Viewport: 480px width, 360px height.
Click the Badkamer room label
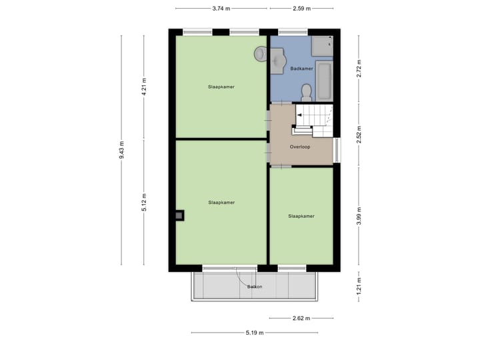302,68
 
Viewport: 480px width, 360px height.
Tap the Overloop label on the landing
300,147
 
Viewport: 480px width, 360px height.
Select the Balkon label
254,287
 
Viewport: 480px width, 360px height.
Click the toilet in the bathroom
306,91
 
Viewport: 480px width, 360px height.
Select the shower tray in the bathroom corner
322,45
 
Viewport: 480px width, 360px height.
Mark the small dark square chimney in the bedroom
179,215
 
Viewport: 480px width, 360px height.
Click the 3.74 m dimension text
221,9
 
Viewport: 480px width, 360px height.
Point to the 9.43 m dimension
122,150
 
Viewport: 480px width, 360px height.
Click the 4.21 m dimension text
143,87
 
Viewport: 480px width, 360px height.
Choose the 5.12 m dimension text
143,202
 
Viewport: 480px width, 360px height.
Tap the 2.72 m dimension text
359,71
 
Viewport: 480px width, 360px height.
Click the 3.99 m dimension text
359,217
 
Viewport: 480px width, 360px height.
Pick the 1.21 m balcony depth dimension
359,287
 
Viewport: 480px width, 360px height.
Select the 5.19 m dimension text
255,333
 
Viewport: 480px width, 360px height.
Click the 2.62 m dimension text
301,318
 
